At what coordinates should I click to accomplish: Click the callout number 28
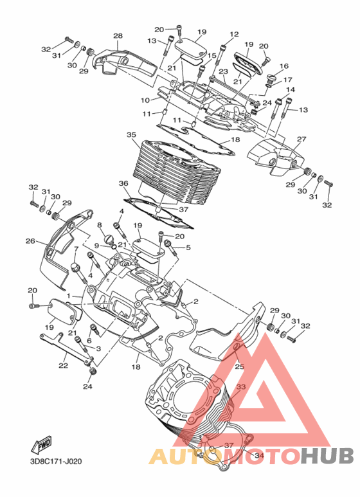point(118,36)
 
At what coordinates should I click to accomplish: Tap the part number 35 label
point(131,135)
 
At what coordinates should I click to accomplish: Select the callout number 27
point(301,139)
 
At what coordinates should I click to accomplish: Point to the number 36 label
point(123,183)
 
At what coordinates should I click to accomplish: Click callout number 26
point(30,241)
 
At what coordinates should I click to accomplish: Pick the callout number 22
point(64,365)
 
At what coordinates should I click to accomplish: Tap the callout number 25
point(240,366)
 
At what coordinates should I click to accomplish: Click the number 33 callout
point(241,387)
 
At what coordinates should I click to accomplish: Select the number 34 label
point(259,455)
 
